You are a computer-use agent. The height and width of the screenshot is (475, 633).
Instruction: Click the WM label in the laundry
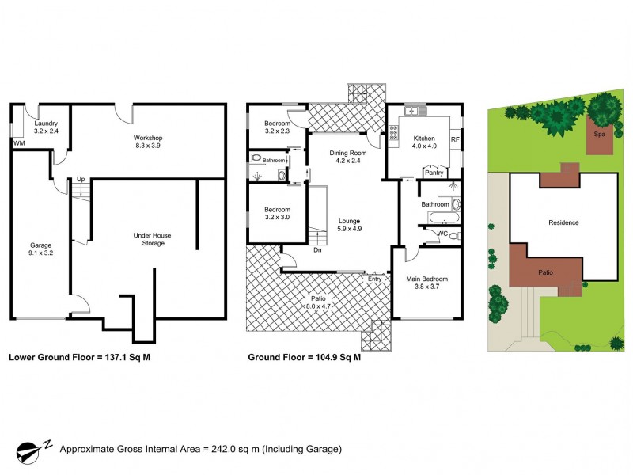[x=19, y=142]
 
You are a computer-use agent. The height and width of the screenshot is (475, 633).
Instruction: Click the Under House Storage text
[x=153, y=239]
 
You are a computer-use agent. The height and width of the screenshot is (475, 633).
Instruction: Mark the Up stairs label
[x=80, y=180]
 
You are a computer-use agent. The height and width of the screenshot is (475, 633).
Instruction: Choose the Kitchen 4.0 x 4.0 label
[x=425, y=141]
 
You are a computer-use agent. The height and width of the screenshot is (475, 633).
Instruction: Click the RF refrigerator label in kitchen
[x=455, y=140]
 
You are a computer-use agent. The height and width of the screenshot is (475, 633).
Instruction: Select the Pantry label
[x=434, y=172]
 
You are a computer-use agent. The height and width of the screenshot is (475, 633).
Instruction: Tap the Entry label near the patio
[x=374, y=279]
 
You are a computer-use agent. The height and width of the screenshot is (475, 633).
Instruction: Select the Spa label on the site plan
[x=599, y=135]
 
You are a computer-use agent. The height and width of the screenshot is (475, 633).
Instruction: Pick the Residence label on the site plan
[x=563, y=222]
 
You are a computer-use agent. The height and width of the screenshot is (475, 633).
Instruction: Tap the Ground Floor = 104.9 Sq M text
[x=305, y=357]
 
